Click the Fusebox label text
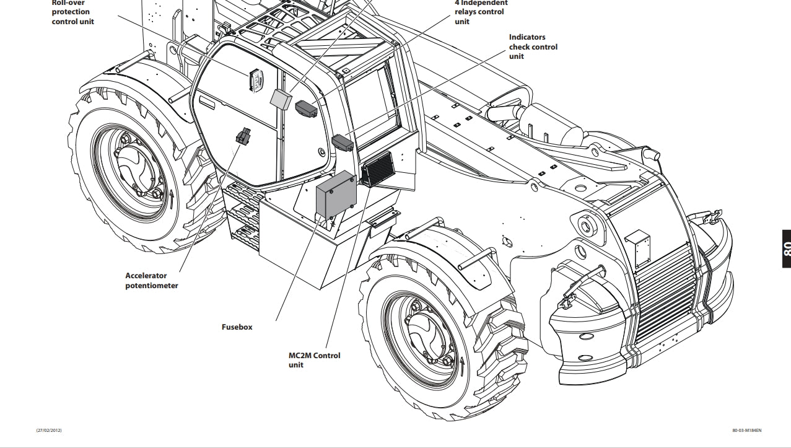237,327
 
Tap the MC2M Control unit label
314,360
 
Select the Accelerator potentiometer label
152,281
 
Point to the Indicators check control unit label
533,46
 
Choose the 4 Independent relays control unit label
481,12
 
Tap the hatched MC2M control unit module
377,169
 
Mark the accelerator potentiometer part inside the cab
243,136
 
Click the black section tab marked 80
785,248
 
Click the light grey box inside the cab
282,99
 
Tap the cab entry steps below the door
242,214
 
